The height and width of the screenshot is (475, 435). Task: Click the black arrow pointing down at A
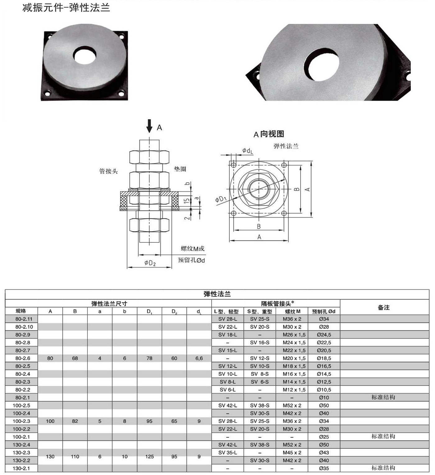click(x=149, y=126)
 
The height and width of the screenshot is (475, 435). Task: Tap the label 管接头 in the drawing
click(x=108, y=171)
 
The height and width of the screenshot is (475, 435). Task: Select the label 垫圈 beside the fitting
click(x=180, y=169)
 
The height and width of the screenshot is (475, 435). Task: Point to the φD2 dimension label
click(x=150, y=263)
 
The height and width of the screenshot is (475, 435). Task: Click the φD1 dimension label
click(x=221, y=199)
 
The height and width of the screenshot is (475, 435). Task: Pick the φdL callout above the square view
click(x=248, y=151)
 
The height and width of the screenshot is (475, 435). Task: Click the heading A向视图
click(x=268, y=134)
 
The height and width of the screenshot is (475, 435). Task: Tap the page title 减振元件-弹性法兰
click(x=66, y=7)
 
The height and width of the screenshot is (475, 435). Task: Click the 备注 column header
click(x=383, y=307)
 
